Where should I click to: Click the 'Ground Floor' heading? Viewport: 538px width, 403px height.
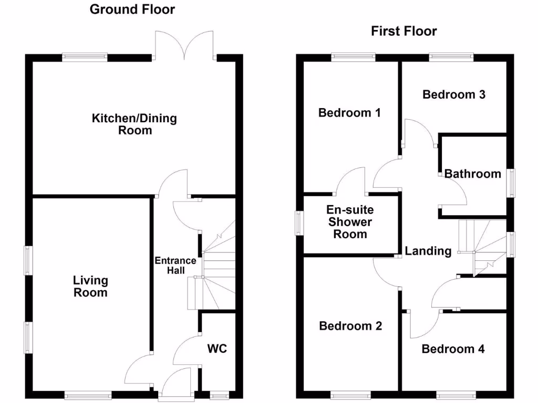(132, 9)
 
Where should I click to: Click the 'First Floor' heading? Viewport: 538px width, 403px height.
(403, 31)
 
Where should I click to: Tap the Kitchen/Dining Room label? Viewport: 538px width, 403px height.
(134, 124)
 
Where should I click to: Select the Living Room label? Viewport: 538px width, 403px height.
(90, 287)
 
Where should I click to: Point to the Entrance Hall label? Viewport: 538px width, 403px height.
(175, 266)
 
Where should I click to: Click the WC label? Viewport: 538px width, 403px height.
(217, 348)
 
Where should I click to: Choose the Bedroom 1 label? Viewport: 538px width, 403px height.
(349, 113)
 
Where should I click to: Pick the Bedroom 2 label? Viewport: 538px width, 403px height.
(350, 326)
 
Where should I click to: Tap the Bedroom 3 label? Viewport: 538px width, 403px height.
(453, 94)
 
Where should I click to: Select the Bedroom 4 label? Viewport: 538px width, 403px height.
(453, 349)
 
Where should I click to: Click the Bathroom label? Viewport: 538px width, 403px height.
(473, 174)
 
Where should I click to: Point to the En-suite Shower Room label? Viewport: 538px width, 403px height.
(350, 222)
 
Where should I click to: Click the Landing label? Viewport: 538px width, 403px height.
(428, 251)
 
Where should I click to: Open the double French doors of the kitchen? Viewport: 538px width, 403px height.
(183, 46)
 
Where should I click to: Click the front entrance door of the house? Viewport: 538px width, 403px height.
(175, 382)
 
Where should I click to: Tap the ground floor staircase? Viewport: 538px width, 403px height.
(215, 268)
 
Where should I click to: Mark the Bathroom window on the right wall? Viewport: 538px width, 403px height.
(511, 183)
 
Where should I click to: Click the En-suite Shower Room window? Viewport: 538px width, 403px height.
(299, 223)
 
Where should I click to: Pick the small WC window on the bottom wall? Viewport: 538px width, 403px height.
(219, 395)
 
